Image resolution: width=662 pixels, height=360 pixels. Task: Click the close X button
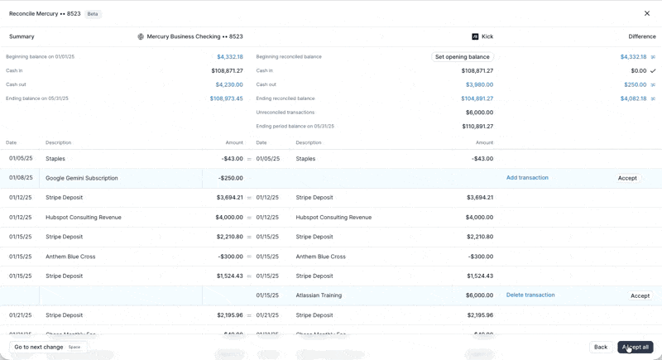coord(647,13)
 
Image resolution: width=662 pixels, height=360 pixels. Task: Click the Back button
coord(601,347)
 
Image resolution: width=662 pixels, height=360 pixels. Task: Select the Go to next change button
coord(47,347)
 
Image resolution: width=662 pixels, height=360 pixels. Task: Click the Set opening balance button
coord(462,57)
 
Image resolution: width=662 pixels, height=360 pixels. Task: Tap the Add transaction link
coord(527,178)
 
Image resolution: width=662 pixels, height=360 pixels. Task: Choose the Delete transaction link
coord(530,295)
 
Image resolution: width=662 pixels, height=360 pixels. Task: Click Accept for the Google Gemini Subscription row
coord(627,178)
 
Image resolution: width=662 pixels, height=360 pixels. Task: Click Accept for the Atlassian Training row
coord(640,295)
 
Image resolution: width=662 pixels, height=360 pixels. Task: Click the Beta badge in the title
coord(93,14)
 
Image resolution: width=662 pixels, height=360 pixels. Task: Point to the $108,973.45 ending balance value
coord(226,98)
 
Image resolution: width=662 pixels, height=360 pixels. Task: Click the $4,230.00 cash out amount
coord(229,84)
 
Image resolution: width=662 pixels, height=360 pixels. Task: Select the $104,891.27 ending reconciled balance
coord(477,98)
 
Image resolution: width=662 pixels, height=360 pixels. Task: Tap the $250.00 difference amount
coord(635,84)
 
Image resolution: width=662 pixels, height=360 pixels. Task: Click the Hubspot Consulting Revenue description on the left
coord(84,218)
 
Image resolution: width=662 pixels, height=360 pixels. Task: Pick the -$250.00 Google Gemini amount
coord(231,178)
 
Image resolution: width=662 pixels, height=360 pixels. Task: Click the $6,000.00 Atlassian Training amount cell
coord(479,295)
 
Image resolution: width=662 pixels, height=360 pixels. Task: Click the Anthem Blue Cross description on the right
coord(320,257)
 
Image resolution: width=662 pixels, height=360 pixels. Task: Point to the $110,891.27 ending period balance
coord(477,127)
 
